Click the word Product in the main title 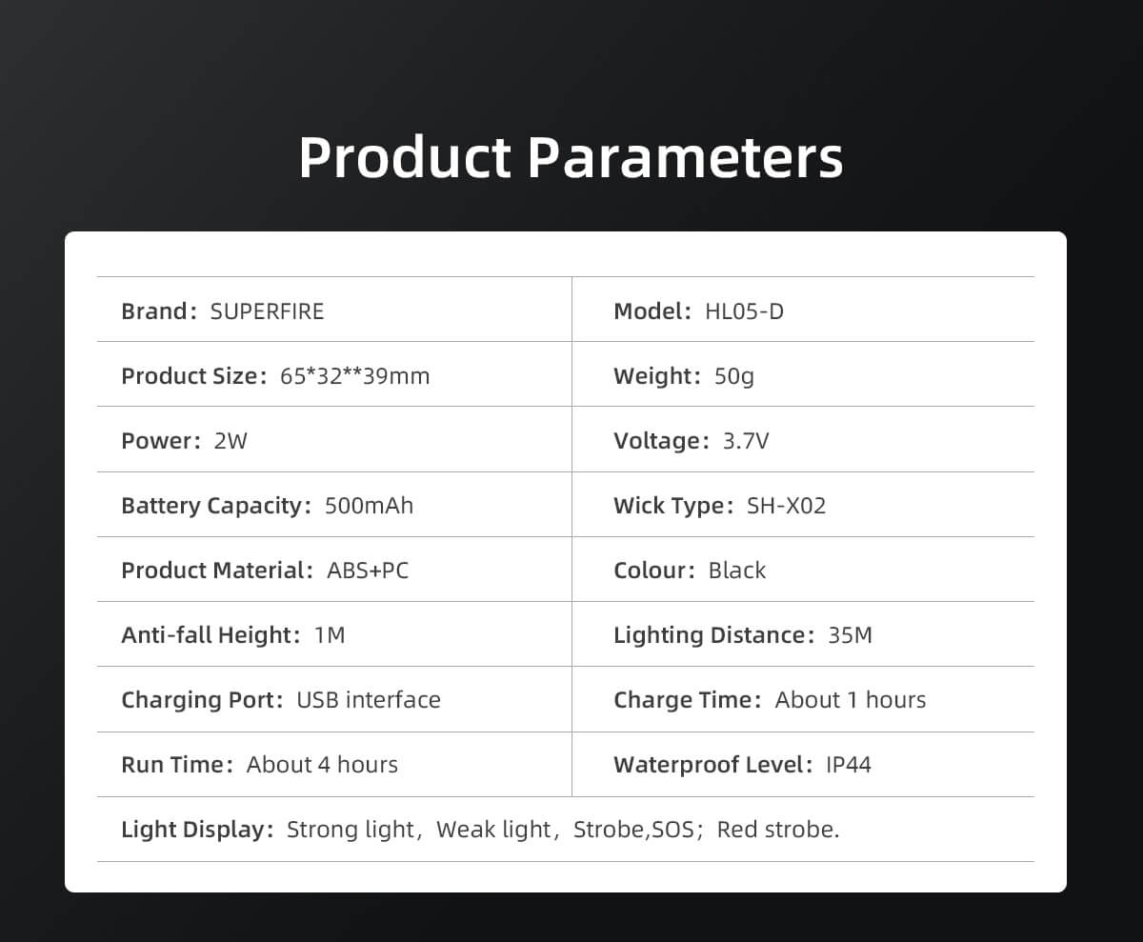405,157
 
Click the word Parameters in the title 686,157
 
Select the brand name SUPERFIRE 267,311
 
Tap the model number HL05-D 744,311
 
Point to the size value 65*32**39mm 354,376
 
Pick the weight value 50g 734,376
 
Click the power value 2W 231,441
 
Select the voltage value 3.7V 746,441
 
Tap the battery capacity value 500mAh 369,506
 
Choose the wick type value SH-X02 786,506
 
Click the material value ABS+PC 368,571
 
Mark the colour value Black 737,571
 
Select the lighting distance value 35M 851,635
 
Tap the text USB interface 369,700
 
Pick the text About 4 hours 322,765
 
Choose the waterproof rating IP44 849,765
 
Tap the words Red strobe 778,830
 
